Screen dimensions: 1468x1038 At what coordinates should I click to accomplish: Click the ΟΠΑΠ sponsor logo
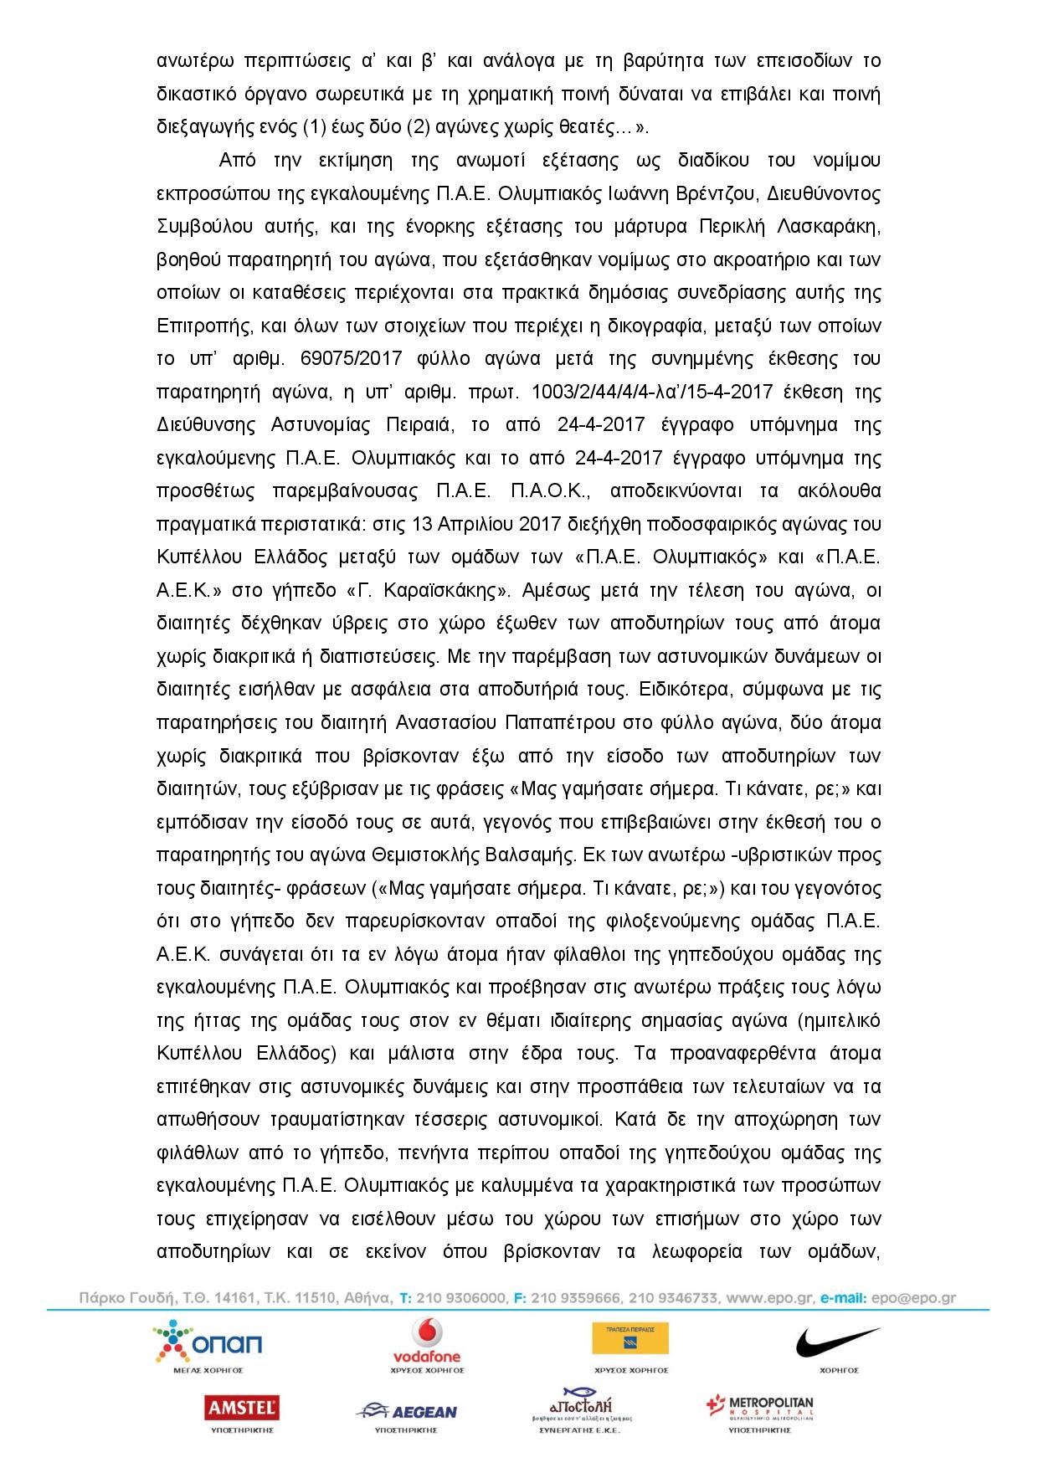pos(208,1343)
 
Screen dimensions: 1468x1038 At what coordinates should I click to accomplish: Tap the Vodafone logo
pos(427,1339)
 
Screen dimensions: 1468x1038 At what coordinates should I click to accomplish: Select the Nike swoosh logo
pos(826,1342)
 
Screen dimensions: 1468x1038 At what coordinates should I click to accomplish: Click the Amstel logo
pos(243,1409)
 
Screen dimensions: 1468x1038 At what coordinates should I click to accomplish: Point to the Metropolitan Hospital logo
pos(759,1408)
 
